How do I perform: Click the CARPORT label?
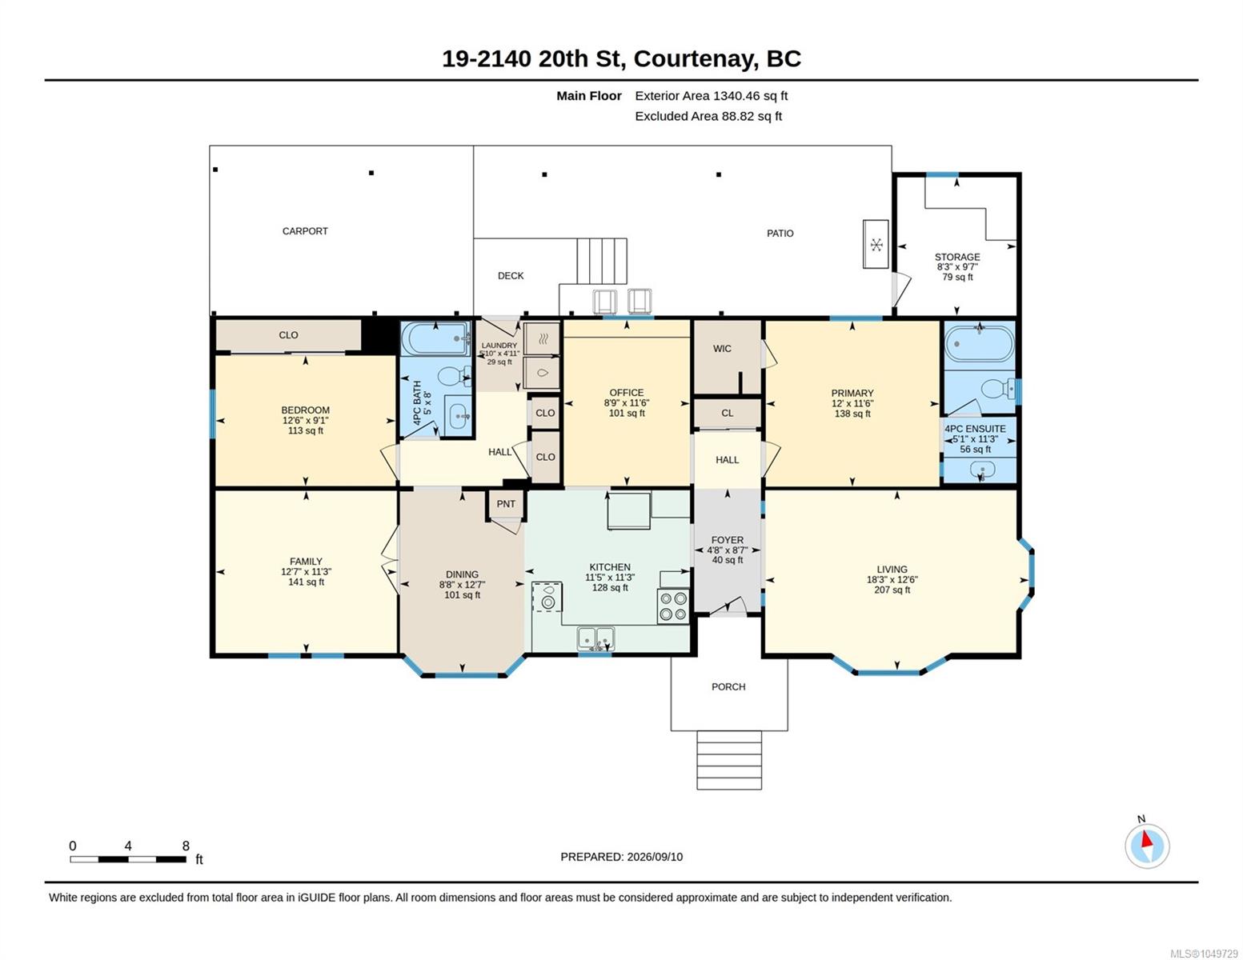tap(305, 231)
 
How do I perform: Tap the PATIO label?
tap(780, 234)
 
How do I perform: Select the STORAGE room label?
tap(957, 258)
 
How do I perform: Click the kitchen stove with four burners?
tap(672, 606)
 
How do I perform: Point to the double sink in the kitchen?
tap(596, 638)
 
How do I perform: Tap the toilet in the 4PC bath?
tap(455, 376)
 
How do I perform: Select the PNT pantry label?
tap(506, 504)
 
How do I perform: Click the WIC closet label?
tap(722, 348)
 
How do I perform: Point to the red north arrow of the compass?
tap(1146, 839)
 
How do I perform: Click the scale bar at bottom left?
tap(128, 859)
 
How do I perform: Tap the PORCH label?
tap(728, 686)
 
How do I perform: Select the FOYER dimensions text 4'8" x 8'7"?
tap(727, 550)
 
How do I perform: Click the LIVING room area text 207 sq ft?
tap(892, 590)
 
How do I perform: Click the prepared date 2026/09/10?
tap(655, 857)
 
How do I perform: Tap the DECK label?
tap(510, 275)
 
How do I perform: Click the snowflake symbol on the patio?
tap(876, 245)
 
